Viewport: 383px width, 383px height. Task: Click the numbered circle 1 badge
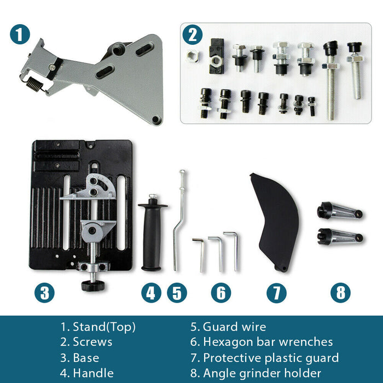(20, 34)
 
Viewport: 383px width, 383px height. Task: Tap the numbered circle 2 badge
(193, 34)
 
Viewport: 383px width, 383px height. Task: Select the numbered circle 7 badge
(276, 293)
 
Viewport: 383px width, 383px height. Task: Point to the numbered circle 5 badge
(177, 293)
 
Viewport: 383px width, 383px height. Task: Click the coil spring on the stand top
(34, 84)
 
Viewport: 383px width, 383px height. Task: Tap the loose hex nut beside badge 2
(193, 56)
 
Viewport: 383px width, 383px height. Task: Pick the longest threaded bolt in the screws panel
(330, 80)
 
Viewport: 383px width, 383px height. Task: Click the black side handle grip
(152, 233)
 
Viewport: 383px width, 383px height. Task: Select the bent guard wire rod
(179, 220)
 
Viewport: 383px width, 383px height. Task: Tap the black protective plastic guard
(276, 221)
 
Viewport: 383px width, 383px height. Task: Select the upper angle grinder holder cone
(340, 211)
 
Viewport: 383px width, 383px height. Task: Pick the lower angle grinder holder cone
(340, 236)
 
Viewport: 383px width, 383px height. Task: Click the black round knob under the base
(93, 285)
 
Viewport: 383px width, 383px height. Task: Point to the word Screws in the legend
(92, 342)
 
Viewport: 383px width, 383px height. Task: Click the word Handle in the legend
(94, 373)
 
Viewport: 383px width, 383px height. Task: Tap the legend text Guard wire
(235, 327)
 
